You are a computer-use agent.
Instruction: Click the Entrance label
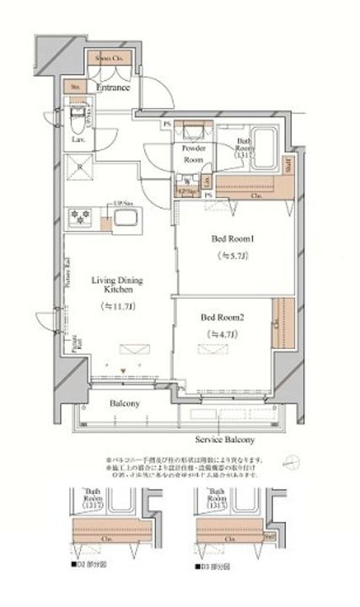click(112, 87)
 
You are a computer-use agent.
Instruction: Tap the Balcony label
click(125, 403)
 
